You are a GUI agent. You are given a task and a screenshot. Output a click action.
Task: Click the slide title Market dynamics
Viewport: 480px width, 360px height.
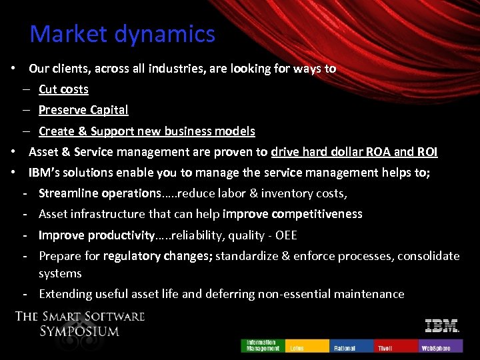(x=123, y=34)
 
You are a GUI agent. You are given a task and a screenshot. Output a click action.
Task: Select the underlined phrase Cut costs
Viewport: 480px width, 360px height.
(x=63, y=89)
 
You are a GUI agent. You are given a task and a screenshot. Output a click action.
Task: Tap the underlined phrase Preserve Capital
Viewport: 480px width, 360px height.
(x=83, y=110)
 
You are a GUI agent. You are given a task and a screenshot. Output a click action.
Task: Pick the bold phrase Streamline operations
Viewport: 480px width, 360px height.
(x=99, y=193)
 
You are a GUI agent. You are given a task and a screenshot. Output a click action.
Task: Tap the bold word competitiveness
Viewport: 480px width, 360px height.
(x=311, y=214)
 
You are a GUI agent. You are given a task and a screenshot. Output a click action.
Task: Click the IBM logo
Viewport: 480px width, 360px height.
(x=442, y=326)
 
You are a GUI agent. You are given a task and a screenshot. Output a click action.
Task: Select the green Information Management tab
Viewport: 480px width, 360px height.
(x=263, y=345)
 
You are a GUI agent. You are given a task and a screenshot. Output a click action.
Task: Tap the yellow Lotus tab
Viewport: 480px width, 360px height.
(x=307, y=345)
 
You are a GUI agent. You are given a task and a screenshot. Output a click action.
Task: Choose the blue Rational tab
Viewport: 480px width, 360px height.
(x=351, y=345)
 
